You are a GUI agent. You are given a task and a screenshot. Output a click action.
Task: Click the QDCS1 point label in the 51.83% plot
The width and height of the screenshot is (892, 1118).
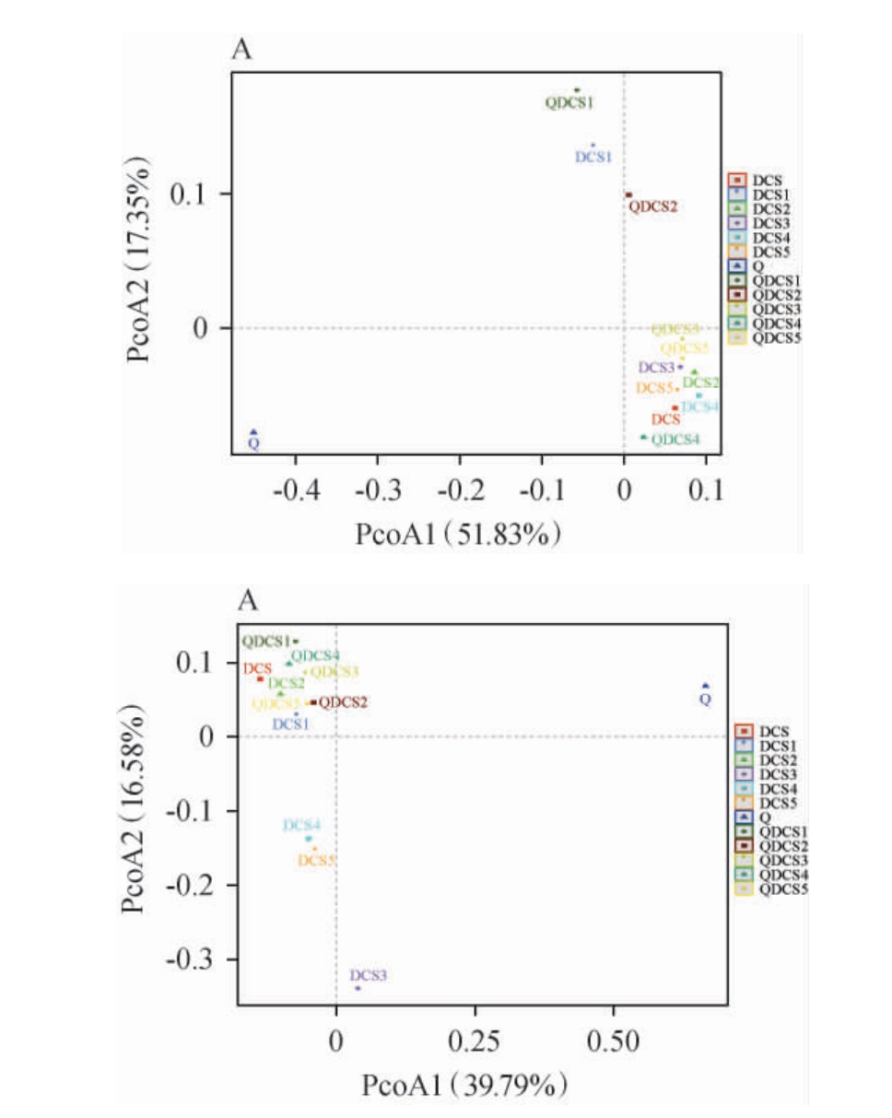pos(569,103)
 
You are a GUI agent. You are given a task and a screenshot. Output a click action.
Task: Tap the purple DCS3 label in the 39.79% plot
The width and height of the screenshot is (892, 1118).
pos(369,975)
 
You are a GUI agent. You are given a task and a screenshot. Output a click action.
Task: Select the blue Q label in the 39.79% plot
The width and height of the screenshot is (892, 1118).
pos(705,700)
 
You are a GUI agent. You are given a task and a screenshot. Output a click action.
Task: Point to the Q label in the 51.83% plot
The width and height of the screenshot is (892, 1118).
pos(253,444)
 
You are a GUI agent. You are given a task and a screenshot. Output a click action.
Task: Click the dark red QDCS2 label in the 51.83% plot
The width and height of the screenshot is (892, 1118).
pos(652,206)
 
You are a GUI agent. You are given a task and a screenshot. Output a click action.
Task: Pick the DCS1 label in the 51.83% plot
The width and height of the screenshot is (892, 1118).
pos(593,157)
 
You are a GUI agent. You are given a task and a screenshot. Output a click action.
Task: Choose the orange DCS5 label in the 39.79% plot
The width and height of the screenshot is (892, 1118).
pos(316,861)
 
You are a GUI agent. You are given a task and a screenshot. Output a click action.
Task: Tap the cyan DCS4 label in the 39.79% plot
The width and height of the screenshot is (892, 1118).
pos(302,825)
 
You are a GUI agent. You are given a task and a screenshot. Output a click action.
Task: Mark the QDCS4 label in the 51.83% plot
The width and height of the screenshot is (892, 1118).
pos(675,440)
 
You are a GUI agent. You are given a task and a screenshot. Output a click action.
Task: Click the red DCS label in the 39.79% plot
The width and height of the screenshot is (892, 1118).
pos(257,668)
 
